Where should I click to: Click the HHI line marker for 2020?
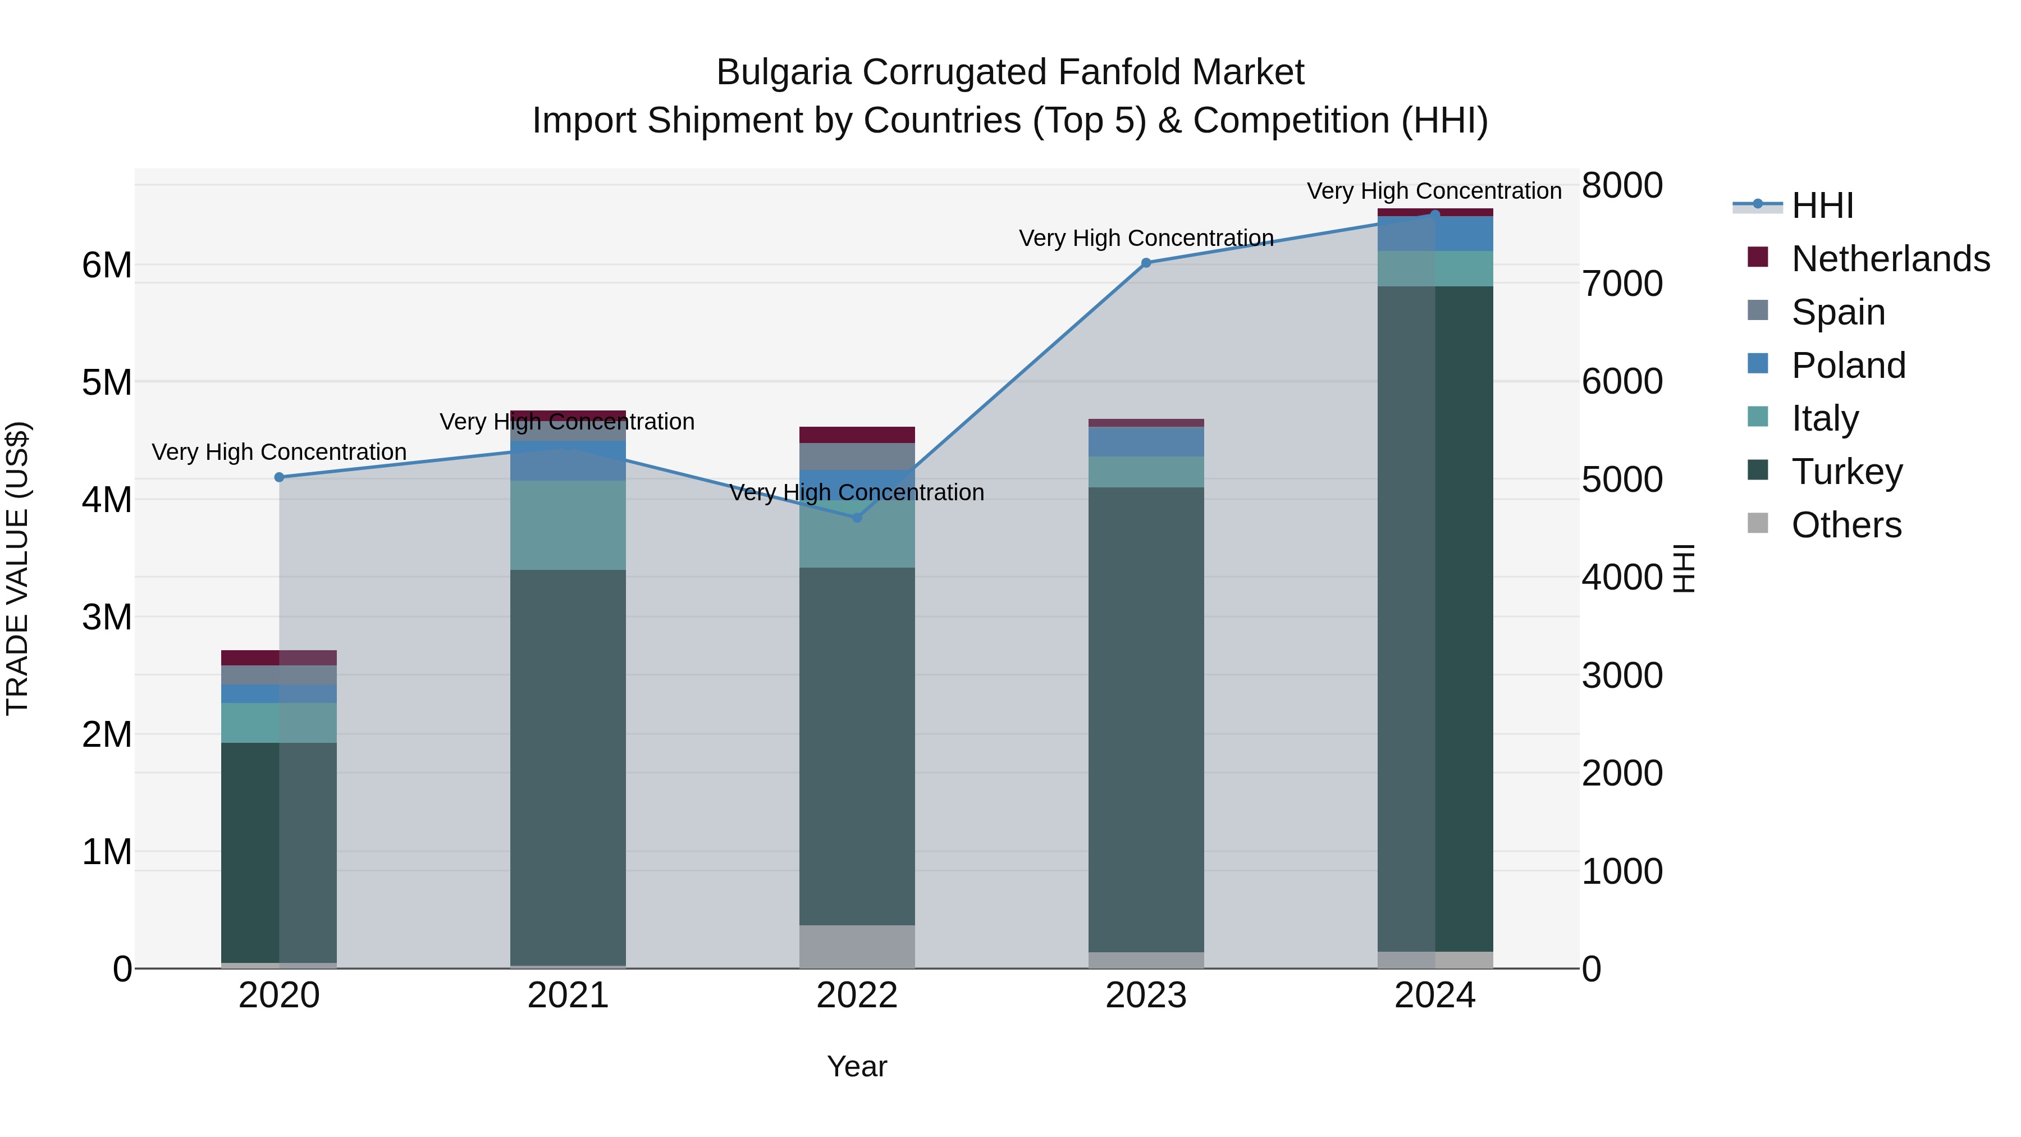pyautogui.click(x=280, y=477)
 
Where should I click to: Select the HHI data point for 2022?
pyautogui.click(x=857, y=517)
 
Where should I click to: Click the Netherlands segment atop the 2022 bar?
pyautogui.click(x=857, y=435)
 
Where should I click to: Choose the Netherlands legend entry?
pyautogui.click(x=1867, y=258)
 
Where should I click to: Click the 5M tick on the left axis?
pyautogui.click(x=107, y=382)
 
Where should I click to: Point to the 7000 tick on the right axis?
pyautogui.click(x=1622, y=284)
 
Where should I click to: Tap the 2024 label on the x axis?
pyautogui.click(x=1434, y=996)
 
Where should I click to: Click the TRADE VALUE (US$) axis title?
pyautogui.click(x=17, y=568)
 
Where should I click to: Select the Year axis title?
pyautogui.click(x=857, y=1066)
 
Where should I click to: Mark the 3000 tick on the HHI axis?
pyautogui.click(x=1622, y=675)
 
